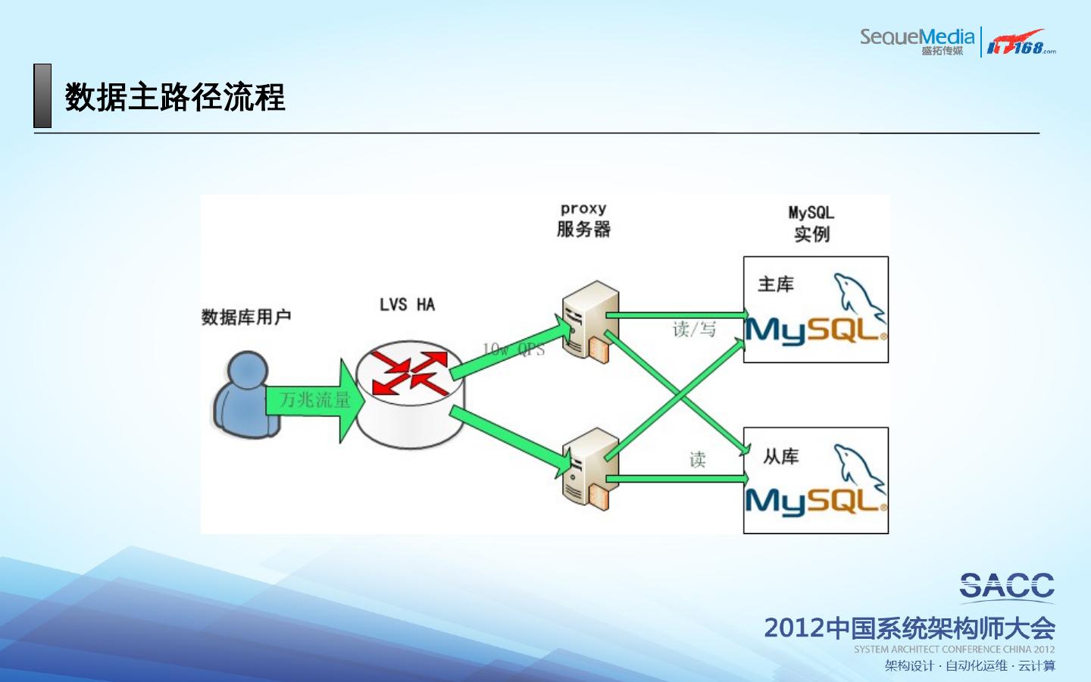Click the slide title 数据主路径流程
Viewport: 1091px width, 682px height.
click(175, 98)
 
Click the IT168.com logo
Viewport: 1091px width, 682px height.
click(1020, 42)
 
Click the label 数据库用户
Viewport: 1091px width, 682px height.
click(246, 317)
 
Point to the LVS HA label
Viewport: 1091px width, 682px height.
click(407, 305)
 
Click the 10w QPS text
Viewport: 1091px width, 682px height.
click(514, 349)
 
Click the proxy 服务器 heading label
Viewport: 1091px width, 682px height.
click(583, 220)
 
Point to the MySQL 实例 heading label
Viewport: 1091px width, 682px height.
click(811, 224)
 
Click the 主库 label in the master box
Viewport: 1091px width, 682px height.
click(776, 284)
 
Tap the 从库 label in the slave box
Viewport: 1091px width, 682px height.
click(780, 456)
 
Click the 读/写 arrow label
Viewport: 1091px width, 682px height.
click(694, 329)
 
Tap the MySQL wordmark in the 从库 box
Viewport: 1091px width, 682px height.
click(815, 501)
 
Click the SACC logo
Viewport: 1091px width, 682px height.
click(1007, 586)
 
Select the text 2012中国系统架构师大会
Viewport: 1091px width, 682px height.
click(909, 628)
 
